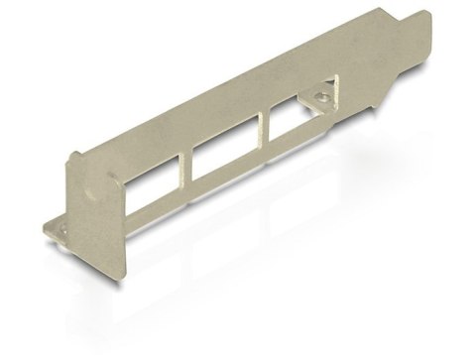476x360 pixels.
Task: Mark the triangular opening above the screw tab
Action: (x=337, y=91)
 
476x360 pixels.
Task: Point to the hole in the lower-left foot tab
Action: (x=60, y=230)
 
